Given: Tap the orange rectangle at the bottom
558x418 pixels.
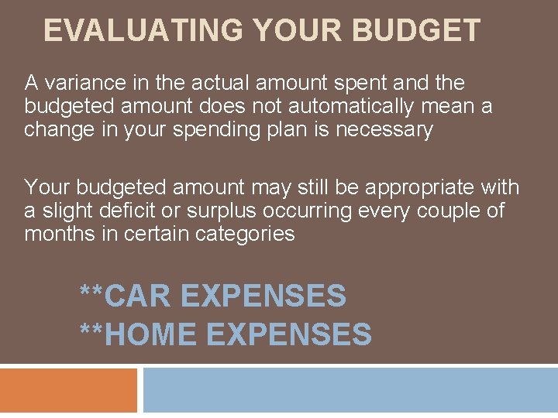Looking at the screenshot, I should [68, 390].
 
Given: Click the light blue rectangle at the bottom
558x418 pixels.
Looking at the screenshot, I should [350, 390].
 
